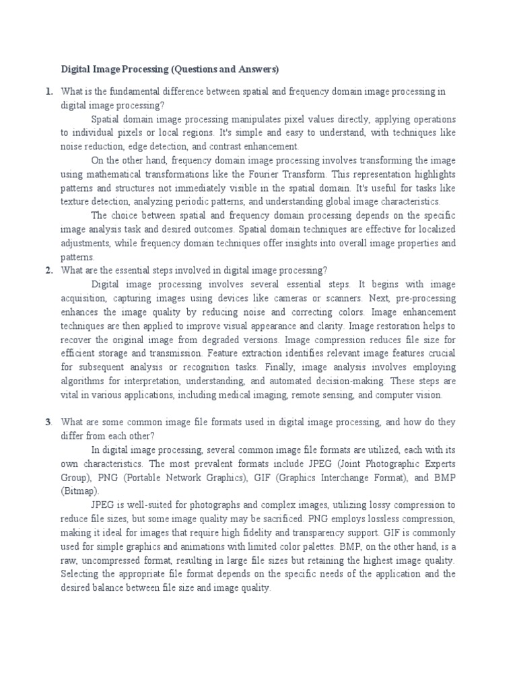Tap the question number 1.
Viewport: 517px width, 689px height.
pos(49,91)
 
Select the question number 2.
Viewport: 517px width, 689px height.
pos(49,270)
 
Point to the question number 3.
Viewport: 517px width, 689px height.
pos(49,422)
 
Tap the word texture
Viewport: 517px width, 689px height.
pos(74,201)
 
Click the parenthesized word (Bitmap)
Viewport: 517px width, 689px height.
pos(79,491)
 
